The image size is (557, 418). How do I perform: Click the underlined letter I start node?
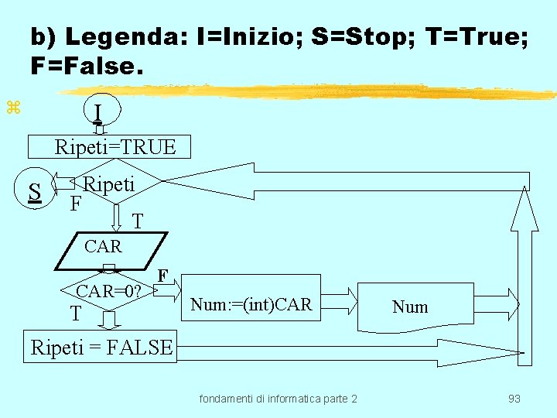coord(97,114)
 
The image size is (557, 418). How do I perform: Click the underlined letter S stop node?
coord(34,191)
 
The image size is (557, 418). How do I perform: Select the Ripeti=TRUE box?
coord(115,146)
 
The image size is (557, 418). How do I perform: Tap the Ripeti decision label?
coord(109,184)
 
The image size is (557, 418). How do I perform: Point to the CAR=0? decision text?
coord(108,291)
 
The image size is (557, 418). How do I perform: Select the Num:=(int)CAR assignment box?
coord(251,305)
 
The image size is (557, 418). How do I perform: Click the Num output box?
coord(409,307)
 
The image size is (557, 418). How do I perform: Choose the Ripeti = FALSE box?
coord(101,348)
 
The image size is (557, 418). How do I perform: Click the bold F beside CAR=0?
coord(162,275)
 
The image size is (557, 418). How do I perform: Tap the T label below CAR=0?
coord(75,313)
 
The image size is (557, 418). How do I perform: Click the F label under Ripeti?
coord(75,204)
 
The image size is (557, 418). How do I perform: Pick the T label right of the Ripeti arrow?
coord(137,222)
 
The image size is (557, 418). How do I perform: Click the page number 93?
coord(514,399)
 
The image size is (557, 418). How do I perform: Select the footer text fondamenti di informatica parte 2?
coord(278,399)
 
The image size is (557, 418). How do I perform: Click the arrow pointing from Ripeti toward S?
coord(66,185)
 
